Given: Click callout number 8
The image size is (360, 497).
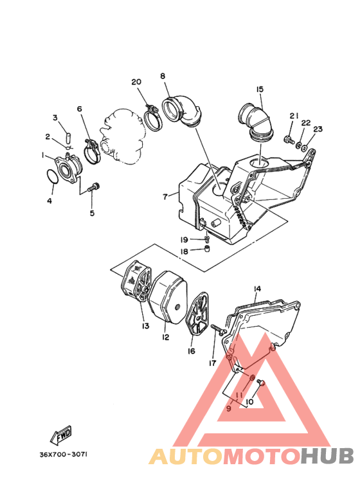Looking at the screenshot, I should (163, 76).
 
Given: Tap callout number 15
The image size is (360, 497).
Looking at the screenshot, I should (260, 89).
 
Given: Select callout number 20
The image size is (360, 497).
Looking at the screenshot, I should (136, 82).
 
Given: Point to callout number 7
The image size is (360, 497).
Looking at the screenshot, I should (165, 196).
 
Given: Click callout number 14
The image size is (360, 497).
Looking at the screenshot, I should (256, 289).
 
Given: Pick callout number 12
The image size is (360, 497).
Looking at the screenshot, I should (165, 337).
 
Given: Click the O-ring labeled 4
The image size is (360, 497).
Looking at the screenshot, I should (53, 177).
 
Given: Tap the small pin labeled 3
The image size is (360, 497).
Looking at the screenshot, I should (64, 138).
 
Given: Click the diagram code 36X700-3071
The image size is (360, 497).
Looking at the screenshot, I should (63, 455).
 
